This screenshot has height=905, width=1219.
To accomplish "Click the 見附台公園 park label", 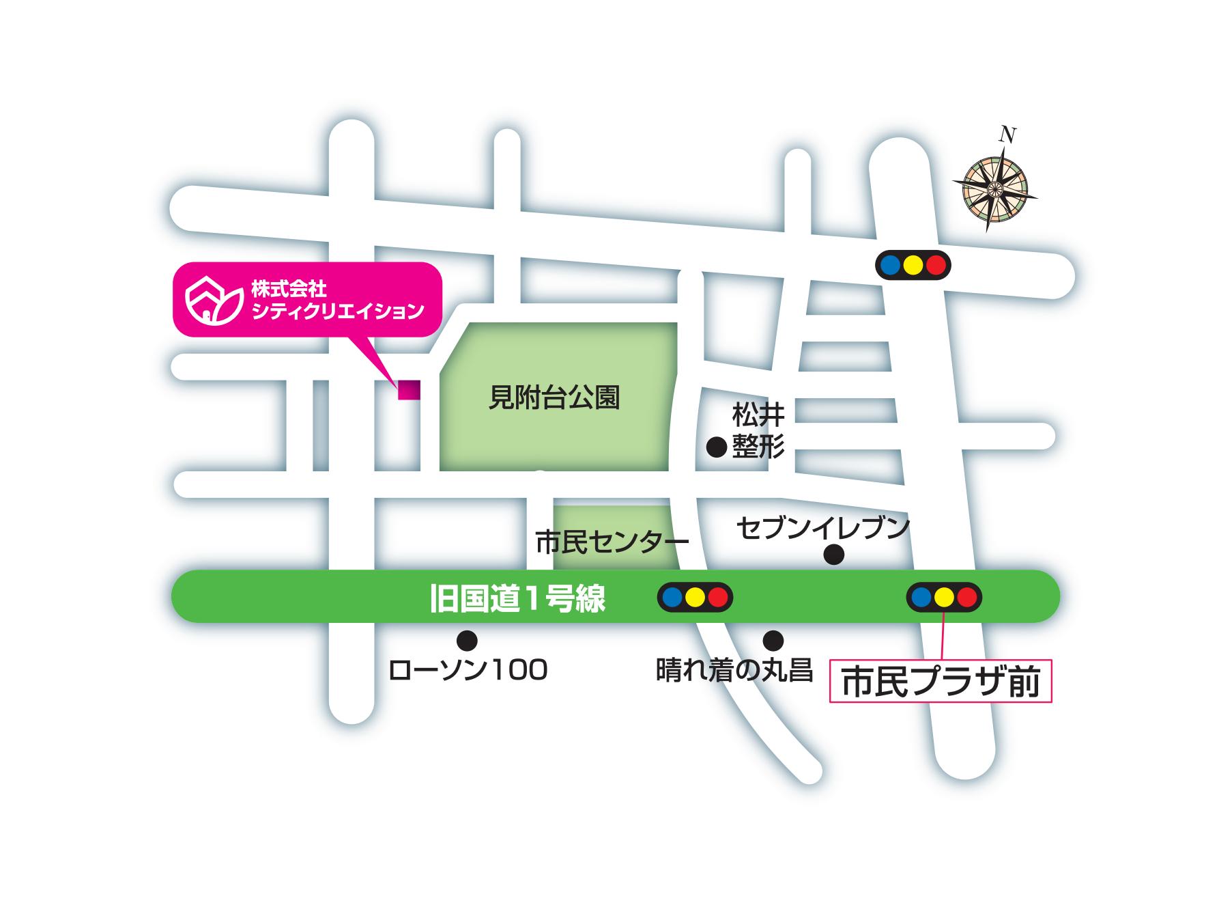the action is pyautogui.click(x=554, y=397).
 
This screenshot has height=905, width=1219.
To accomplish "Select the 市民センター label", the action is pyautogui.click(x=612, y=543).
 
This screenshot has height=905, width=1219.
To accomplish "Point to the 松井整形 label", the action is pyautogui.click(x=758, y=431).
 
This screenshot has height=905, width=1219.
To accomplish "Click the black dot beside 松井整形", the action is pyautogui.click(x=716, y=447).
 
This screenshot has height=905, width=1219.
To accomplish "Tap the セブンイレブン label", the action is pyautogui.click(x=823, y=528).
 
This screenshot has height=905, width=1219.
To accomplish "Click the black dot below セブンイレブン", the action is pyautogui.click(x=833, y=555).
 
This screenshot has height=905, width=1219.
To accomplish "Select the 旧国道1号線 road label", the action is pyautogui.click(x=517, y=599).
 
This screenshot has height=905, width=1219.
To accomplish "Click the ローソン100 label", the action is pyautogui.click(x=468, y=670).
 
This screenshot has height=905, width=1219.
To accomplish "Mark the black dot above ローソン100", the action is pyautogui.click(x=467, y=640).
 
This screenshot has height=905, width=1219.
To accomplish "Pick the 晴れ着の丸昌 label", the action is pyautogui.click(x=734, y=670).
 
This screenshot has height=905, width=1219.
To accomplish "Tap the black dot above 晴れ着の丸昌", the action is pyautogui.click(x=773, y=640).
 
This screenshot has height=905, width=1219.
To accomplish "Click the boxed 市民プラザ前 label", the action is pyautogui.click(x=941, y=681).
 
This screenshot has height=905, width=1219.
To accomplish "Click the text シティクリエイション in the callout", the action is pyautogui.click(x=338, y=311).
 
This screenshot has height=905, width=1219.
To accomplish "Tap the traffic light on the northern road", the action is pyautogui.click(x=913, y=264).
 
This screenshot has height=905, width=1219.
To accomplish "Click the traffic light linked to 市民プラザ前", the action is pyautogui.click(x=944, y=597).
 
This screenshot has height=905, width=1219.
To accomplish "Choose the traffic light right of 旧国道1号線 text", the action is pyautogui.click(x=695, y=597).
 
